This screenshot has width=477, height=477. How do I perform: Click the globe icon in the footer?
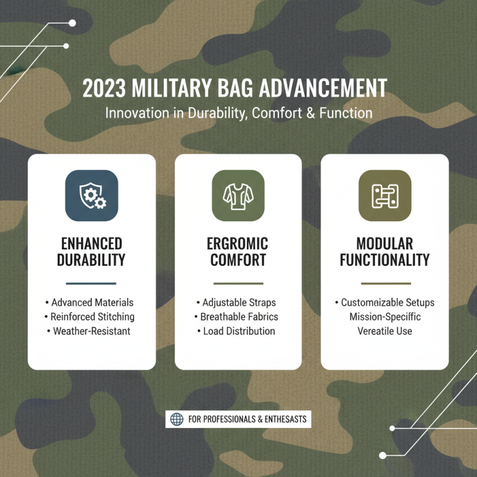point(177,419)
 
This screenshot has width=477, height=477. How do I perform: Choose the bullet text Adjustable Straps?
point(238,302)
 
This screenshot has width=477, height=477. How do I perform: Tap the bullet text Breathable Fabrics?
point(238,317)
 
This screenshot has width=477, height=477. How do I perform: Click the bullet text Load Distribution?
point(238,331)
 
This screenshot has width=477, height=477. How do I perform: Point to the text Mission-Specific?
point(385,317)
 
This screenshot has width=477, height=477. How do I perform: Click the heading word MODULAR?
point(385,244)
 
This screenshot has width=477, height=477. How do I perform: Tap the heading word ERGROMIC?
point(238,244)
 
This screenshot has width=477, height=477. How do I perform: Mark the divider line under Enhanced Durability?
point(91,283)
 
